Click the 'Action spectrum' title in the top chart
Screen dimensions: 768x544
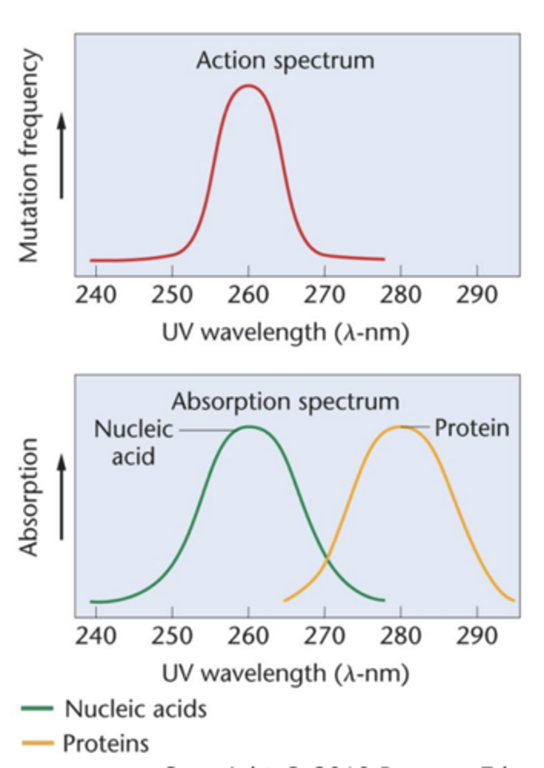click(x=285, y=61)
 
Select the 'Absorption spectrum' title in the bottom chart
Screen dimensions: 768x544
click(x=285, y=402)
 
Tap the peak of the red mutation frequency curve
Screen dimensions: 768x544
click(x=248, y=85)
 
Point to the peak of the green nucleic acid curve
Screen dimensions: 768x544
click(x=249, y=426)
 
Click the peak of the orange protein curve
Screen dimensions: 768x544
click(x=400, y=426)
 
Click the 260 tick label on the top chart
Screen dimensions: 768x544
click(x=248, y=295)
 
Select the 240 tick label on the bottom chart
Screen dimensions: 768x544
click(x=95, y=636)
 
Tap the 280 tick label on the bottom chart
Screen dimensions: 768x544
click(x=400, y=636)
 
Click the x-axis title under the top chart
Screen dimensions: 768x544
click(x=285, y=333)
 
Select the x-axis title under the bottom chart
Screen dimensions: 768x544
click(x=285, y=673)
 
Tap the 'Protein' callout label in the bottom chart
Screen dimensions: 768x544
click(x=472, y=428)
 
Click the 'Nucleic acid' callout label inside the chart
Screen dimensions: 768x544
click(x=133, y=442)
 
